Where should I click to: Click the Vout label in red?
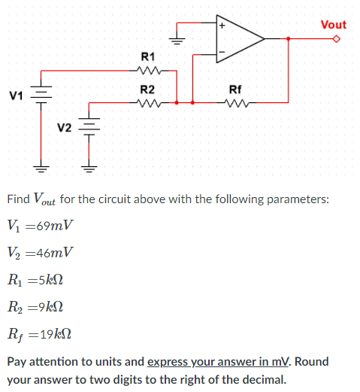point(333,25)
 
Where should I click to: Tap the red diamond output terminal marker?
point(337,38)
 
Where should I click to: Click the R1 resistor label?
point(148,57)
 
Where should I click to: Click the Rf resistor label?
point(234,90)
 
